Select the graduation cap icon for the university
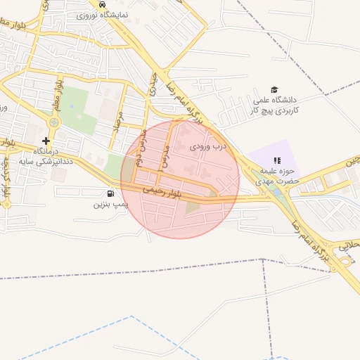tap(274, 89)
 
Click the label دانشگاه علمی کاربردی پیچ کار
tap(276, 105)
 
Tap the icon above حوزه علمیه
tap(276, 161)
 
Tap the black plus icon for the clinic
tap(46, 141)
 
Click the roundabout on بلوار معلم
tap(53, 122)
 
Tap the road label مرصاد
tap(119, 124)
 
